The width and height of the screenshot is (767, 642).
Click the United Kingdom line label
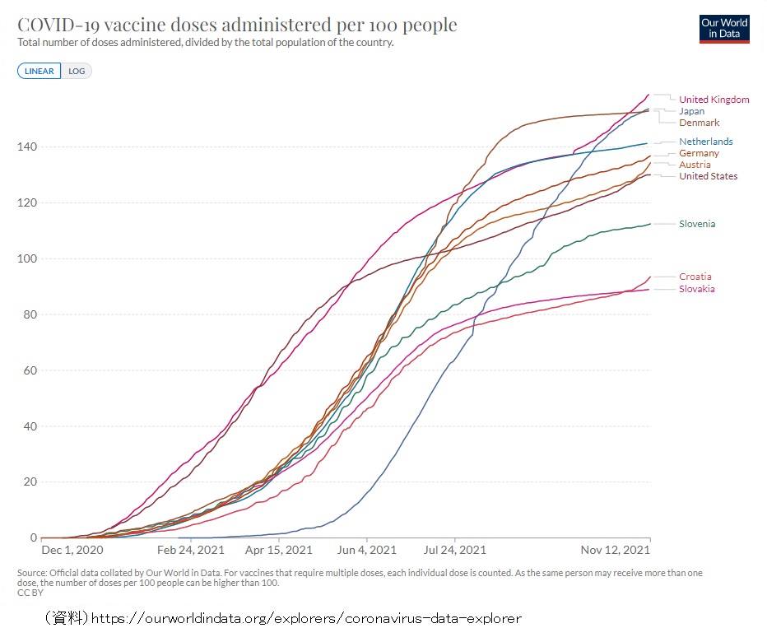(x=714, y=100)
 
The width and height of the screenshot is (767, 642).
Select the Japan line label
(x=691, y=111)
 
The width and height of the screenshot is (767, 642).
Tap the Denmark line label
(x=699, y=123)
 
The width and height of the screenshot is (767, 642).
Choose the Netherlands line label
(x=705, y=142)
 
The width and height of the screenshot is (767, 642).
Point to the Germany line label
(x=699, y=153)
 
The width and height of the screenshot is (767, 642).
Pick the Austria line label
(x=695, y=165)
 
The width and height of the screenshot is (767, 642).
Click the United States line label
(x=708, y=176)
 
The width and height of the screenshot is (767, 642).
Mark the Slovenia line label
(x=697, y=224)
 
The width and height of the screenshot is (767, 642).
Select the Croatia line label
(x=695, y=277)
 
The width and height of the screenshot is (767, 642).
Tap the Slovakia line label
(x=696, y=289)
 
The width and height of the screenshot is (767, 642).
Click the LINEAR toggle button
(x=39, y=71)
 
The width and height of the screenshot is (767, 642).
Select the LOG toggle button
(x=77, y=71)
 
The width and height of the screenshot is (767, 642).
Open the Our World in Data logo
(x=724, y=28)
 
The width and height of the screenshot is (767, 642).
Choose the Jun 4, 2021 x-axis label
(x=367, y=550)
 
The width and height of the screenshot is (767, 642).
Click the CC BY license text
(x=30, y=593)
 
